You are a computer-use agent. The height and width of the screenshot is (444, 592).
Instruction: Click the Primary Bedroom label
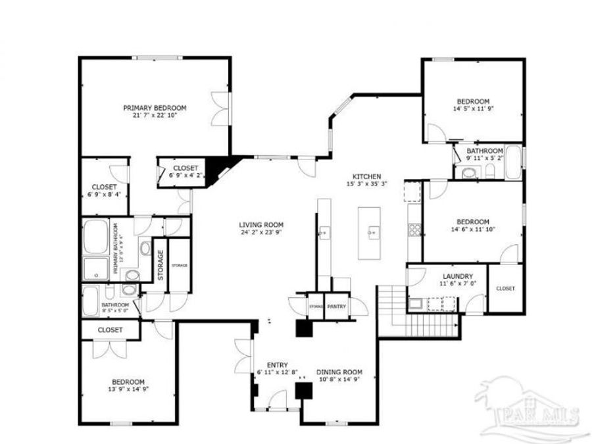tap(155, 108)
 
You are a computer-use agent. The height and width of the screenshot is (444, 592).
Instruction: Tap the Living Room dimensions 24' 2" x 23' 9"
tap(260, 232)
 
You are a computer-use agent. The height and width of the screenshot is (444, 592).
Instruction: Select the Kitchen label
tap(366, 176)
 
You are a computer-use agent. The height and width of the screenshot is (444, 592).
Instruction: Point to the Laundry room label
tap(437, 276)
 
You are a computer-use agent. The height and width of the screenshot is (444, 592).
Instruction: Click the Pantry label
tap(337, 307)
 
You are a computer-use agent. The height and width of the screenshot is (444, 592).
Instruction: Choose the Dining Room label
tap(339, 372)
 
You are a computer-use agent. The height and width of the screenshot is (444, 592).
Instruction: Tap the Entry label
tap(277, 365)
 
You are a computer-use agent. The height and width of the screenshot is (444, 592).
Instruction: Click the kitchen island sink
tap(373, 232)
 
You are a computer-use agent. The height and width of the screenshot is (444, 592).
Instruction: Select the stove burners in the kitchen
tap(415, 230)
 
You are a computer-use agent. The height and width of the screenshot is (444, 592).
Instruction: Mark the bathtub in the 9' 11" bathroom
tap(513, 163)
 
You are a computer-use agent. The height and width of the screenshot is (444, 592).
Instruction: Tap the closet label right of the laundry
tap(505, 289)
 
